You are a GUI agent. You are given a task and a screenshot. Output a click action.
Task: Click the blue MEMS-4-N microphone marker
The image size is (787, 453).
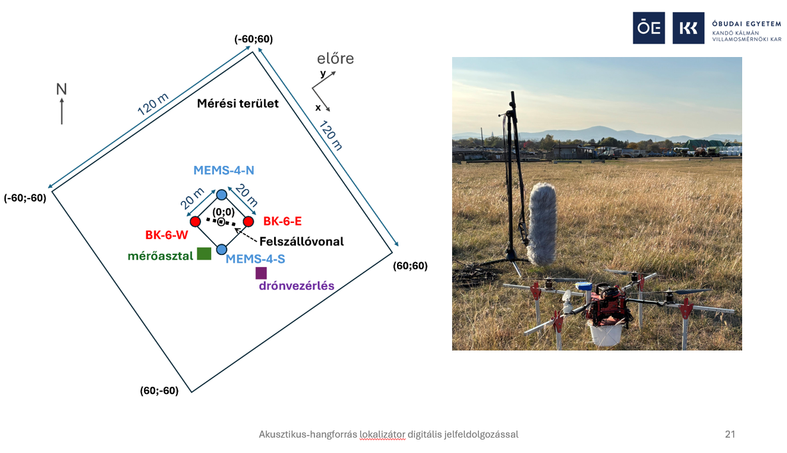click(x=222, y=194)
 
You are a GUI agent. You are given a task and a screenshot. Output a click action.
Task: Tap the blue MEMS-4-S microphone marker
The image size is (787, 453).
click(x=222, y=249)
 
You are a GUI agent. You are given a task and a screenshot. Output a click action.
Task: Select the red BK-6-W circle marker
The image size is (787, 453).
click(x=195, y=222)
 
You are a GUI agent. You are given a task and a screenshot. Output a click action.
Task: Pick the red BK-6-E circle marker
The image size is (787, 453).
click(x=248, y=222)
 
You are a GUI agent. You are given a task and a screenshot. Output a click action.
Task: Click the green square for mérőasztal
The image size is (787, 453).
click(x=204, y=253)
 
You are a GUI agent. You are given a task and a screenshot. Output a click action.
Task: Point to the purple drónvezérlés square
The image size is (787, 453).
click(x=261, y=273)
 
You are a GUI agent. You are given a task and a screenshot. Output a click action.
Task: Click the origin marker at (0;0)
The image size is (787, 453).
click(x=222, y=222)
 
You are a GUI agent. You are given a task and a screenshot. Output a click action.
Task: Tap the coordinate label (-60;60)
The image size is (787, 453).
click(x=254, y=39)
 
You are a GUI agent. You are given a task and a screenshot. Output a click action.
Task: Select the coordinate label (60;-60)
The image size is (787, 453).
click(x=159, y=390)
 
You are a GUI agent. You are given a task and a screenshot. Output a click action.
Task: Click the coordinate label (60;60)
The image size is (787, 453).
click(x=410, y=265)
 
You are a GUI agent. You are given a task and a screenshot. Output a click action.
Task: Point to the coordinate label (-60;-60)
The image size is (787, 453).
click(x=25, y=198)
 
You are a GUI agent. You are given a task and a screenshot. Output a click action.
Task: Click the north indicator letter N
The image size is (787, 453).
click(x=61, y=90)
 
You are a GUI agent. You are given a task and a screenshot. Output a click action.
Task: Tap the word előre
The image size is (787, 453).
click(x=336, y=59)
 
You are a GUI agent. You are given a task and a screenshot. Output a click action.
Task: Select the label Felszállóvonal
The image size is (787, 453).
click(x=302, y=242)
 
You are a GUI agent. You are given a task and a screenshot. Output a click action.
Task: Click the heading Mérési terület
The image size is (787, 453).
click(x=238, y=103)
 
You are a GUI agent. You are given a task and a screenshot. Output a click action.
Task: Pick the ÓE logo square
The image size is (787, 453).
click(x=649, y=28)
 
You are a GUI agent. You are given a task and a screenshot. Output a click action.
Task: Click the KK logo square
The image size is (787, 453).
click(x=688, y=28)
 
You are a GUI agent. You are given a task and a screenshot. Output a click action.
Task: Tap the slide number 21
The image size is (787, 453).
click(x=730, y=434)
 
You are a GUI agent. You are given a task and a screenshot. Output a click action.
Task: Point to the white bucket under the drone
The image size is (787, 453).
click(x=604, y=335)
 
